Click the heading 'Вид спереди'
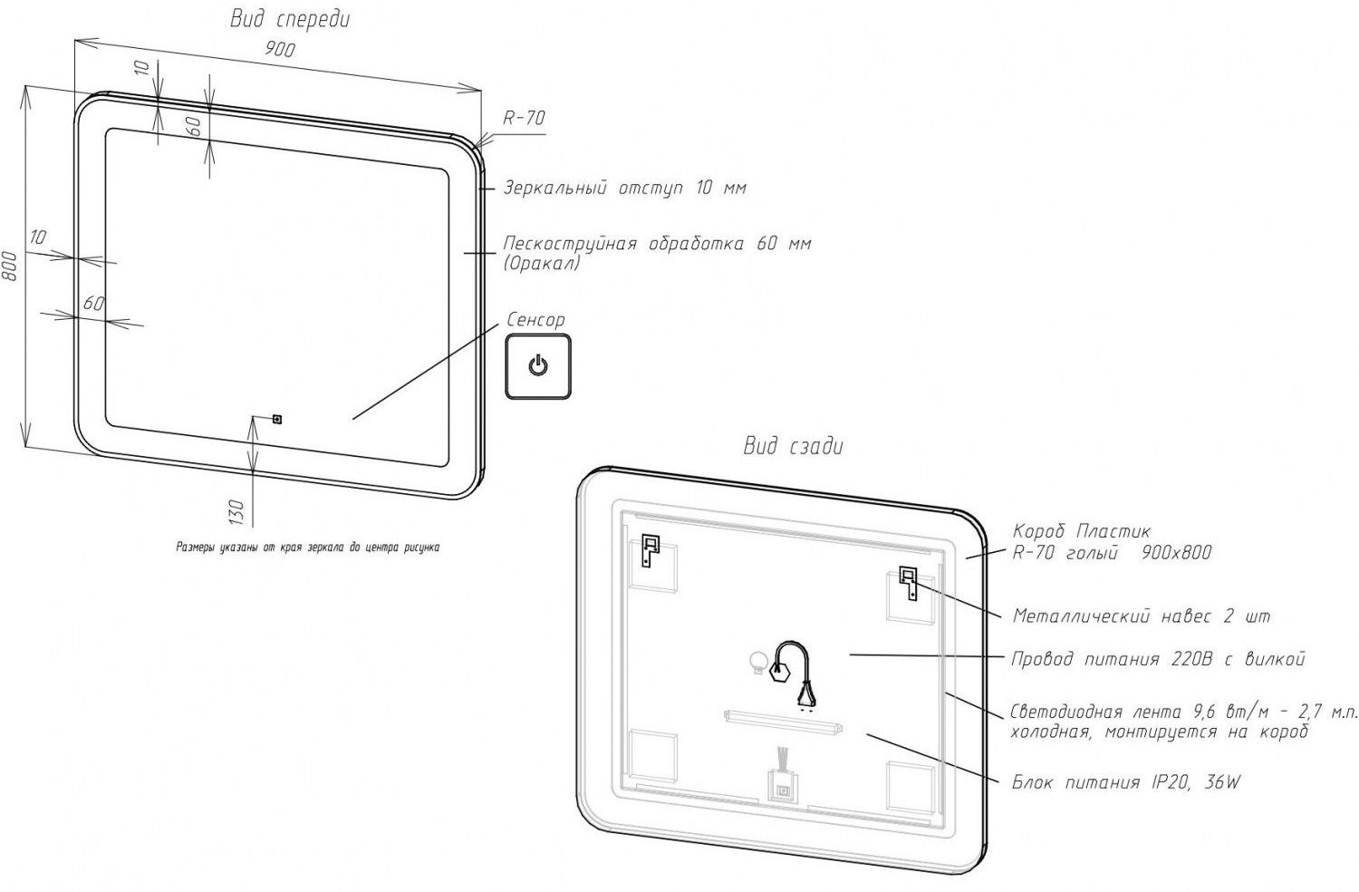[x=289, y=19]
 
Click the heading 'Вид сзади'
[x=793, y=446]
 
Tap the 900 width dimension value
[x=279, y=50]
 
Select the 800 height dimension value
[x=11, y=265]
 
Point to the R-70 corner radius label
[x=524, y=118]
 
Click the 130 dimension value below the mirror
[x=236, y=512]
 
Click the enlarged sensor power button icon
[x=538, y=366]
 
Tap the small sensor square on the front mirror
[x=277, y=419]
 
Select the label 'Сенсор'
[x=535, y=320]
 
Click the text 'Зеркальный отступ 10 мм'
[x=624, y=189]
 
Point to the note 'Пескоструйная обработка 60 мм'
[x=657, y=244]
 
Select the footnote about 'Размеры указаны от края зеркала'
[x=308, y=548]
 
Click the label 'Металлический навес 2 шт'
[x=1141, y=616]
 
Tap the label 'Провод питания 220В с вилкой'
[x=1158, y=659]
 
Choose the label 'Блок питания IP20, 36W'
[x=1125, y=782]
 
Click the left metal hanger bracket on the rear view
[x=650, y=550]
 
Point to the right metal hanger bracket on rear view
[x=908, y=581]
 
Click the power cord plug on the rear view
[x=805, y=694]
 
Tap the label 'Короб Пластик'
[x=1081, y=531]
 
